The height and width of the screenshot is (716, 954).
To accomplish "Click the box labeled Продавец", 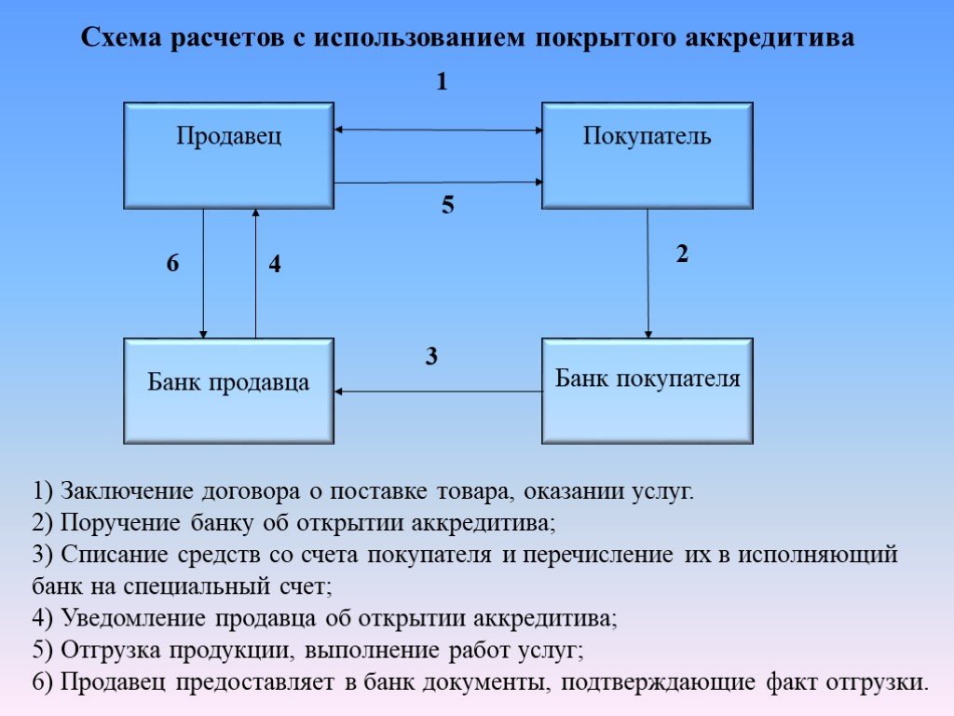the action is (229, 156).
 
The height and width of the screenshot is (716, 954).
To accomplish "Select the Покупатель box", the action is (647, 156).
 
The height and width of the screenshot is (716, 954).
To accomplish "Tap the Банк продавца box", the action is (229, 391).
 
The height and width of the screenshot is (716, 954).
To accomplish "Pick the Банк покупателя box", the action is (647, 391).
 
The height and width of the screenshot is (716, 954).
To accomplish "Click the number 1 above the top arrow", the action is (443, 81).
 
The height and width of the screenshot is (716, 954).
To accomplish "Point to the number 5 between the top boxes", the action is (448, 204).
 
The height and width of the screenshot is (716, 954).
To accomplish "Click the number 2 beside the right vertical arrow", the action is (682, 254).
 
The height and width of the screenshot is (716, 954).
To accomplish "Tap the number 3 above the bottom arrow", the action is (431, 356).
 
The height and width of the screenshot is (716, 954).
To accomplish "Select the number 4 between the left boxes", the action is (275, 264).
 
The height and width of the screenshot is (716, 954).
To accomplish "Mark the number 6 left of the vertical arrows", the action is (172, 263).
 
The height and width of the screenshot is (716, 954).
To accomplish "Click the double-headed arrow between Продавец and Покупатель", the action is (438, 130).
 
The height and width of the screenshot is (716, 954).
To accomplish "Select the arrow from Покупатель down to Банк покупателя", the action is (648, 274).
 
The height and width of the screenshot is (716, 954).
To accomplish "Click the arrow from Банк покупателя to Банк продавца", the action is (438, 392).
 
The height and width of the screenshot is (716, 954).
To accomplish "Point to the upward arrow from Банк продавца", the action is (255, 273).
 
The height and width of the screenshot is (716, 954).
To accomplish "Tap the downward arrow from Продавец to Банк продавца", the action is (203, 274).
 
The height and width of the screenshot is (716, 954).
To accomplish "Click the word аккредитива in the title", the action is (770, 37).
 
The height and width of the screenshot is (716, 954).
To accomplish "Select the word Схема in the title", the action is (121, 37).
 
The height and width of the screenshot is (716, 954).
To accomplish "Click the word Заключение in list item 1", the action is (127, 490).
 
